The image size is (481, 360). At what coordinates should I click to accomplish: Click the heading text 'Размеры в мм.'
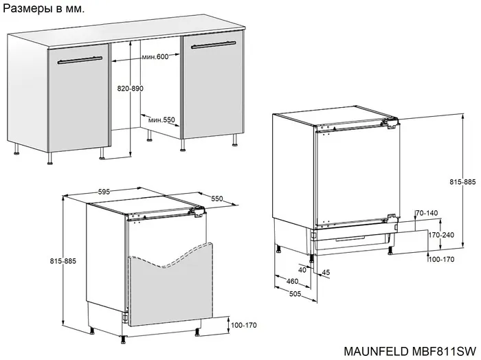(x=43, y=8)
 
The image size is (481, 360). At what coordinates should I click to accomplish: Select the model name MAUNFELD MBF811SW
(x=410, y=351)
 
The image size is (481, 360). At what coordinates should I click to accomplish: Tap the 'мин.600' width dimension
(x=155, y=57)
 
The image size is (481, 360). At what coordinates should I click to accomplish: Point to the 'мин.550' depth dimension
(x=161, y=120)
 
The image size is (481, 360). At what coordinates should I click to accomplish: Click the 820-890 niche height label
(x=131, y=89)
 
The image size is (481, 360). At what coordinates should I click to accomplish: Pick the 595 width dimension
(x=104, y=192)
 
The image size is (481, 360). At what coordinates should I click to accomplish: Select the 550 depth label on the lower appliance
(x=217, y=199)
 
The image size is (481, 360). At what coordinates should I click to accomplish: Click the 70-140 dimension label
(x=427, y=213)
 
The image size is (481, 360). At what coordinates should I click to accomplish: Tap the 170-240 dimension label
(x=441, y=235)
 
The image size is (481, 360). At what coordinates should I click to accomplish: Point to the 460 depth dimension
(x=292, y=281)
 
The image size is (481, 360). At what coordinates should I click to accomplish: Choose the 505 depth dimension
(x=295, y=294)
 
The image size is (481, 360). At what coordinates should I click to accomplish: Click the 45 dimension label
(x=326, y=272)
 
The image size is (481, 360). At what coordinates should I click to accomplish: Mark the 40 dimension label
(x=302, y=270)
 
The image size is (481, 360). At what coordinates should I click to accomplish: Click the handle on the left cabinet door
(x=80, y=60)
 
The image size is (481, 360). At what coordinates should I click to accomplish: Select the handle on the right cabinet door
(x=213, y=45)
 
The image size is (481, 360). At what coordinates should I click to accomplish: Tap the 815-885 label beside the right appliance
(x=463, y=182)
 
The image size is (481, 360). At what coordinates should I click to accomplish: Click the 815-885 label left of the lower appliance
(x=63, y=261)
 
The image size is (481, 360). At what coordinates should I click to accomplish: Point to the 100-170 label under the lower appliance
(x=243, y=325)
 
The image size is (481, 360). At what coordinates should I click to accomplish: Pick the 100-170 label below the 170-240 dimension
(x=441, y=260)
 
